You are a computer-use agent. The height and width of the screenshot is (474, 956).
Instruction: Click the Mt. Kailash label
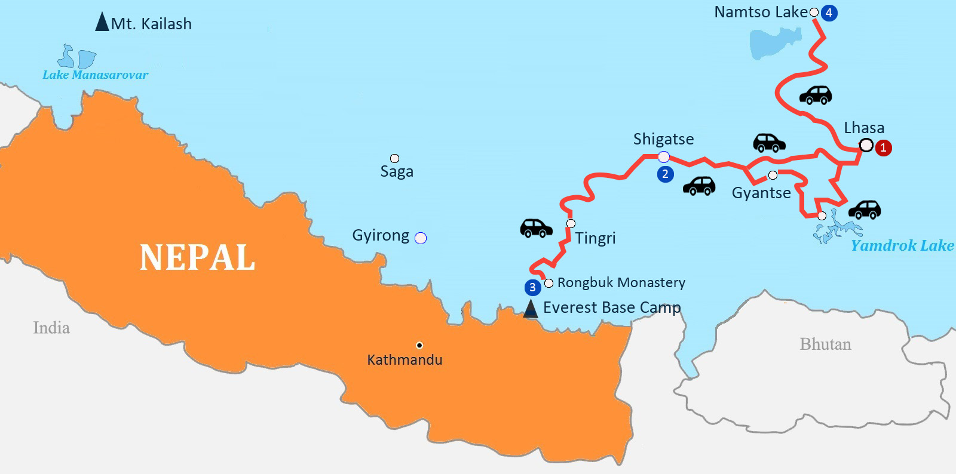[x=151, y=24]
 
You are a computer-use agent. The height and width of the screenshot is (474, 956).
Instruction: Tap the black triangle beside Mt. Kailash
[x=102, y=22]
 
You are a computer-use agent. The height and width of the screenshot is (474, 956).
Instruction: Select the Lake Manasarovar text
[x=95, y=75]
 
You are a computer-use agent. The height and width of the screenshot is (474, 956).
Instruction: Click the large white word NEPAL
[x=197, y=257]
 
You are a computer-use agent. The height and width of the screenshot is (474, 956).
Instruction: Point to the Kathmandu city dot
[x=419, y=345]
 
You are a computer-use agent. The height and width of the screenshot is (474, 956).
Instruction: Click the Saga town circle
[x=394, y=158]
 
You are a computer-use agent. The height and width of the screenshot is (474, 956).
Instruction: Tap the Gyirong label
[x=381, y=235]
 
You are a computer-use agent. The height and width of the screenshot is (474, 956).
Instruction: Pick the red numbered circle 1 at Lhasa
[x=883, y=147]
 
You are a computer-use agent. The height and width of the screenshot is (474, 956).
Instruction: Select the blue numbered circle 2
[x=665, y=174]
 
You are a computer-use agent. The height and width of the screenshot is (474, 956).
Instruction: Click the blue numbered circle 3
[x=532, y=287]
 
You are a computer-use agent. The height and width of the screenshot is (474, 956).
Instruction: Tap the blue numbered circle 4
[x=829, y=13]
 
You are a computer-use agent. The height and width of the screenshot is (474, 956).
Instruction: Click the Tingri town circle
[x=571, y=223]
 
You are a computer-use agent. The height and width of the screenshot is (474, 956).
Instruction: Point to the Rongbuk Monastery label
[x=621, y=282]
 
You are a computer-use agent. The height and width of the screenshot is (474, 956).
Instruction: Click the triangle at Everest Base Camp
[x=530, y=309]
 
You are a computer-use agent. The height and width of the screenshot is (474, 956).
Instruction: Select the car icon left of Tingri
[x=536, y=228]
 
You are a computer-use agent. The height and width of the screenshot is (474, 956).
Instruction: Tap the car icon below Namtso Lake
[x=816, y=95]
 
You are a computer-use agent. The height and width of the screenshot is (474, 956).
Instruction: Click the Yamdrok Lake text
[x=902, y=245]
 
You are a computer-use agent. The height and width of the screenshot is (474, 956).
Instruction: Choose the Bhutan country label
[x=825, y=344]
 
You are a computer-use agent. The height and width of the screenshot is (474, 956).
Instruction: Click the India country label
[x=51, y=328]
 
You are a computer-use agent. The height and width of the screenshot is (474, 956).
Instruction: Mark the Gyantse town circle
[x=773, y=175]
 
